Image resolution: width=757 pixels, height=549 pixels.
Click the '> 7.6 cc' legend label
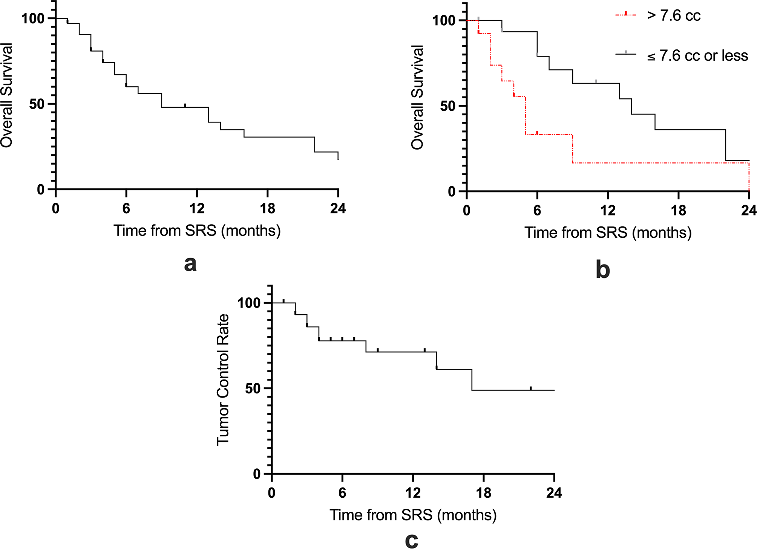[674, 16]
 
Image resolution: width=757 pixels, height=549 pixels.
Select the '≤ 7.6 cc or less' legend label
[697, 56]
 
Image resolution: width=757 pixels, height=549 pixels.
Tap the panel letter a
[190, 264]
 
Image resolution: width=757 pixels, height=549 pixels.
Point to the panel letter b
[603, 270]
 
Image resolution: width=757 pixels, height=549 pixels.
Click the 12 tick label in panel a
[197, 208]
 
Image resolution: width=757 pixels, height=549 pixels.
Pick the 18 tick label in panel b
[678, 210]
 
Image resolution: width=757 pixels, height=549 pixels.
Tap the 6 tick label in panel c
[342, 493]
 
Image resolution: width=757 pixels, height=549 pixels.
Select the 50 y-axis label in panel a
[37, 104]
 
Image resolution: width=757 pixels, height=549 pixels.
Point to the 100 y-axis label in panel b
[444, 20]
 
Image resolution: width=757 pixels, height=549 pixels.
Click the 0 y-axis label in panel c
[257, 474]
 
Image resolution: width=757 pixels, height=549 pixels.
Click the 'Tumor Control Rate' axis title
[223, 380]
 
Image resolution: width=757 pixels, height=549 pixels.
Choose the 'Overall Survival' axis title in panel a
[7, 95]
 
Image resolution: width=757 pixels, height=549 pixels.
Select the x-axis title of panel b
[608, 232]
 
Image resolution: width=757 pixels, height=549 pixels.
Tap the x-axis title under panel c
[413, 515]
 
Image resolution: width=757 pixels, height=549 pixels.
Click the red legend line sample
[625, 15]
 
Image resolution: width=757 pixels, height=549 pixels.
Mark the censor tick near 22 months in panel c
[530, 388]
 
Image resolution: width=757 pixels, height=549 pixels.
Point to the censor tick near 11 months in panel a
[185, 105]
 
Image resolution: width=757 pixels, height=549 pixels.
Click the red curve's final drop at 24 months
[749, 177]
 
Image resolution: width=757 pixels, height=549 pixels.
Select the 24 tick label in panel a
[338, 208]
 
